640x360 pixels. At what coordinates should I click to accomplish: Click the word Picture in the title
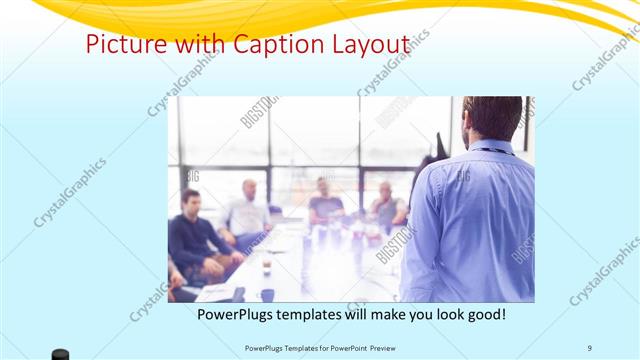[116, 44]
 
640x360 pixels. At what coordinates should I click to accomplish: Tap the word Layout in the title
[369, 44]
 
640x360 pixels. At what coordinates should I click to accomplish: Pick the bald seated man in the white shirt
[247, 210]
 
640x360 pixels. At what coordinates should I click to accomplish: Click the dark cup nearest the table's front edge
[267, 294]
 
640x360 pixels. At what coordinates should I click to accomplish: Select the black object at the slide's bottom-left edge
[61, 354]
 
